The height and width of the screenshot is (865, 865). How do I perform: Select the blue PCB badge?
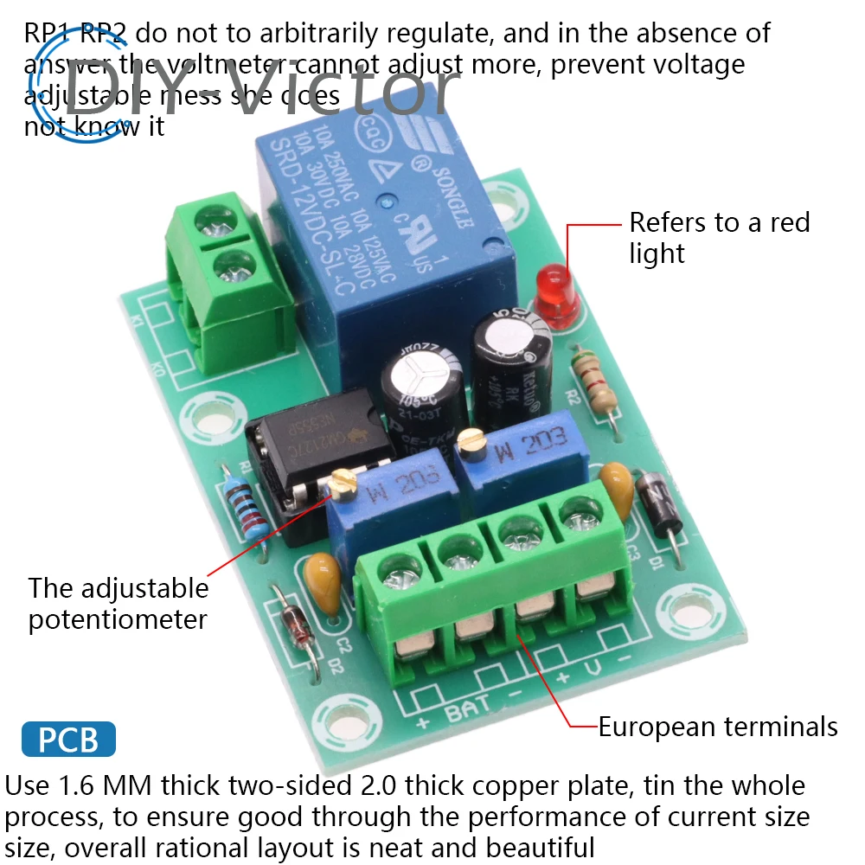pos(67,740)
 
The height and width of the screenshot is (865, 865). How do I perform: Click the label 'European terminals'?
pos(718,727)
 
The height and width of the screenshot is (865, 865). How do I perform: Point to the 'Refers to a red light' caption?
pos(718,238)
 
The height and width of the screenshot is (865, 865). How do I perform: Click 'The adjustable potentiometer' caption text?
pos(119,604)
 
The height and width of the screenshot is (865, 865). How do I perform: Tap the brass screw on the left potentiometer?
pos(344,481)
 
